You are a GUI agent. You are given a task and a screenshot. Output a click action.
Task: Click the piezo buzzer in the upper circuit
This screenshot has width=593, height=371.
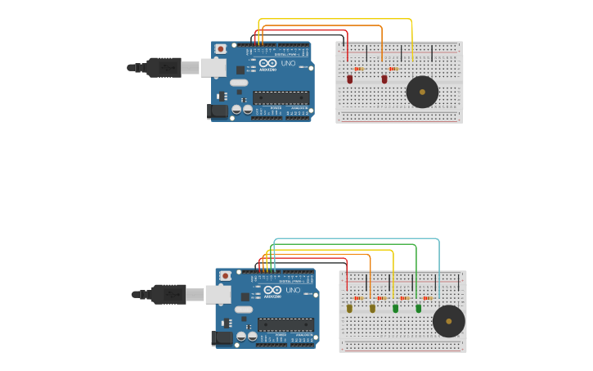(x=422, y=92)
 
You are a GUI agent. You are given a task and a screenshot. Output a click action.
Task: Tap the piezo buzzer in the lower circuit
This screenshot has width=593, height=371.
(x=448, y=321)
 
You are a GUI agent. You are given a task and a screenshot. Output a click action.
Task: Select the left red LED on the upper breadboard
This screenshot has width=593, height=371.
(x=350, y=79)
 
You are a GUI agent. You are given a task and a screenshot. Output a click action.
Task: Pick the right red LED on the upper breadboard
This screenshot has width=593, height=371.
(x=384, y=79)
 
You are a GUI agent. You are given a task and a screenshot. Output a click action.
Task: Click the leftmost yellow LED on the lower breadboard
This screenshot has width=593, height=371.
(x=350, y=309)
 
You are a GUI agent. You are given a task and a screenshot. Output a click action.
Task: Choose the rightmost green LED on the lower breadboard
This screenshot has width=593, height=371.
(x=419, y=309)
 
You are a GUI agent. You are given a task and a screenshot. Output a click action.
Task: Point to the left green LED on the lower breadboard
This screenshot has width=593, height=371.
(x=396, y=309)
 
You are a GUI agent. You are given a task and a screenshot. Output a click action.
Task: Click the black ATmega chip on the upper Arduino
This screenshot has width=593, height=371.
(x=281, y=97)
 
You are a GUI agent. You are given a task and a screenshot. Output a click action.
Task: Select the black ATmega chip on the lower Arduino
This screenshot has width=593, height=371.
(x=285, y=324)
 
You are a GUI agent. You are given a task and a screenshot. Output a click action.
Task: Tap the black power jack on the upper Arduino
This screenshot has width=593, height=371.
(x=218, y=111)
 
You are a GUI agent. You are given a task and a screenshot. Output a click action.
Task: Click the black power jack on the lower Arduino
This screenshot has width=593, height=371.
(x=222, y=337)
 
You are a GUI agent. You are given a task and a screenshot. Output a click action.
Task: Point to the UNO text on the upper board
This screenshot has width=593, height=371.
(x=289, y=63)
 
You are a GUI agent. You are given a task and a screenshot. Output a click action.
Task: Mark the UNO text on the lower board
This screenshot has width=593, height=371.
(x=293, y=290)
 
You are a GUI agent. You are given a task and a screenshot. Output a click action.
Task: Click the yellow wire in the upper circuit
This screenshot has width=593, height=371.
(x=335, y=20)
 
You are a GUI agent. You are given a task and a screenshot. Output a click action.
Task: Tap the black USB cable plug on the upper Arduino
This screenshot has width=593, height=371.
(x=164, y=67)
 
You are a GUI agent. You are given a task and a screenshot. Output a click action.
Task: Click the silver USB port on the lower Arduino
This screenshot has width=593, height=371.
(x=218, y=294)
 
